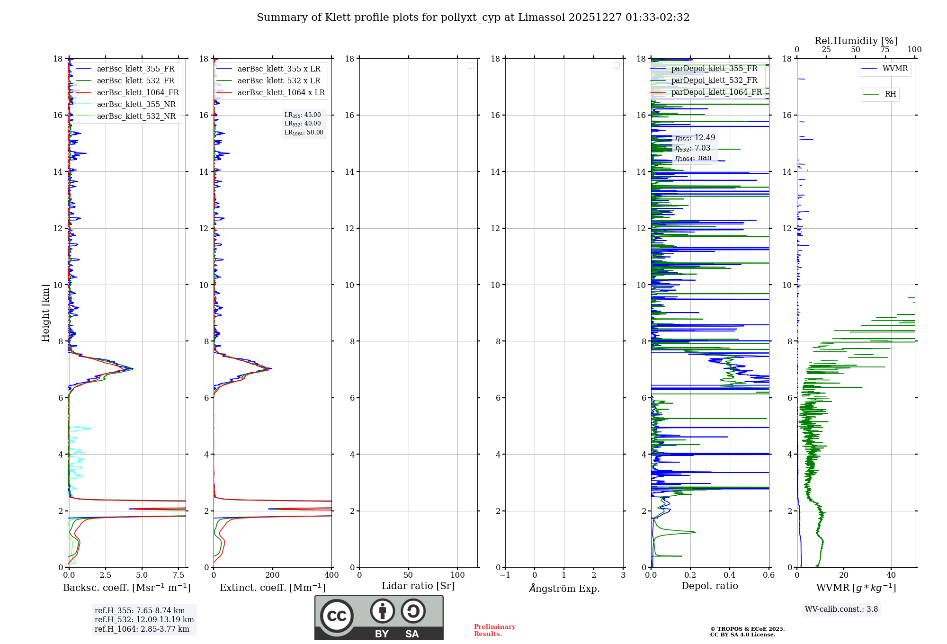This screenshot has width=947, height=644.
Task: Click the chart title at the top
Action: tap(473, 18)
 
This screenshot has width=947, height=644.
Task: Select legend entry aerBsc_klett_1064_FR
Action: tap(137, 92)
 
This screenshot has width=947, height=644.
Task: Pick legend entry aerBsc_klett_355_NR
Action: tap(136, 104)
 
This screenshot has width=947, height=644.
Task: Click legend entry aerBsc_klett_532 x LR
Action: tap(278, 80)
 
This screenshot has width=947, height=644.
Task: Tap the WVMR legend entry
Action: tap(894, 69)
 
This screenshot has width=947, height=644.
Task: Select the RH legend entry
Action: tap(890, 94)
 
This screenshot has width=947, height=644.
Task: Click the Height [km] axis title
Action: tap(45, 313)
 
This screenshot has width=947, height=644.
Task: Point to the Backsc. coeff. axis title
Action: tap(127, 588)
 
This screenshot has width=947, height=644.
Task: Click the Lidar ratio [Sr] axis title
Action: tap(418, 586)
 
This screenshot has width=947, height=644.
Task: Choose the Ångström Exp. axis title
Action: tap(564, 588)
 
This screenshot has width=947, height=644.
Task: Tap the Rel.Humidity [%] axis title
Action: tap(856, 41)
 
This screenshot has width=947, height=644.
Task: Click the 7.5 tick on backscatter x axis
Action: tap(179, 575)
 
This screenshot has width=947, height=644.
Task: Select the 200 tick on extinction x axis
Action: tap(272, 575)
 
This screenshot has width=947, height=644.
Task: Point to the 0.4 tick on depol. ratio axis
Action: tap(730, 575)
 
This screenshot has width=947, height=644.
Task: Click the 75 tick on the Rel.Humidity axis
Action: tap(884, 49)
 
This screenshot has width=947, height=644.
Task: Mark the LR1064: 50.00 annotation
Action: tap(304, 133)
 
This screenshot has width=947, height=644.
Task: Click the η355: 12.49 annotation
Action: tap(695, 138)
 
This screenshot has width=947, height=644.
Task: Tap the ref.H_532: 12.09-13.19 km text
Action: tap(144, 619)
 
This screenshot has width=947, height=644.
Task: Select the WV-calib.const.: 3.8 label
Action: tap(841, 609)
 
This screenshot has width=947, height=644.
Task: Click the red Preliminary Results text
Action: tap(494, 630)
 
